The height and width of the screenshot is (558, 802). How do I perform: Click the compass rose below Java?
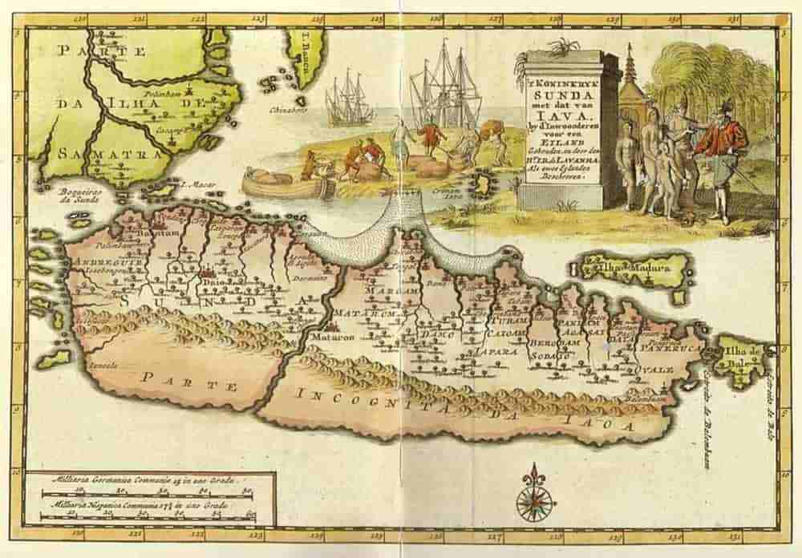(536, 492)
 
